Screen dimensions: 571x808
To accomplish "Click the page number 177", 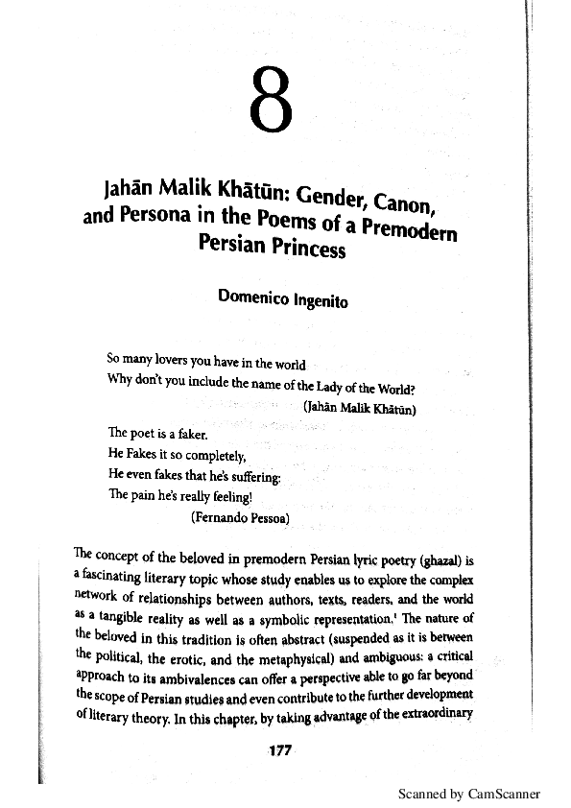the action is [x=277, y=749].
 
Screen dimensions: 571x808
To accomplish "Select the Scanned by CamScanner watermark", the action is [x=469, y=794].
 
